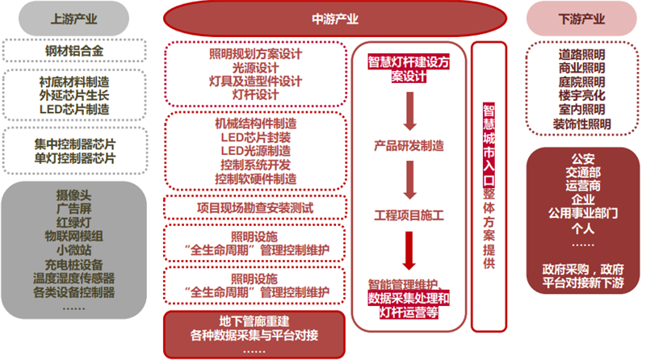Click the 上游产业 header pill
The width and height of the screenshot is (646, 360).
[73, 19]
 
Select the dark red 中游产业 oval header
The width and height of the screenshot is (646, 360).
[335, 19]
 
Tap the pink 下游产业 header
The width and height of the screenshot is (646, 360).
[581, 19]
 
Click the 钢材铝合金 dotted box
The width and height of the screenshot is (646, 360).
[74, 51]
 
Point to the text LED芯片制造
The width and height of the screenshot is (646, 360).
[74, 109]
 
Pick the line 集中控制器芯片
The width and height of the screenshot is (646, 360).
[74, 144]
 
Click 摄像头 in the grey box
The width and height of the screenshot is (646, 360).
[73, 195]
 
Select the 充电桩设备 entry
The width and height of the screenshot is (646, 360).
[73, 265]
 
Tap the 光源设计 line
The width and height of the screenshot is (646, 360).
[255, 68]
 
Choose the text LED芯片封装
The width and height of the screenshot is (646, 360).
[255, 136]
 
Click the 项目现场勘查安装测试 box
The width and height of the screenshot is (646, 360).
[255, 207]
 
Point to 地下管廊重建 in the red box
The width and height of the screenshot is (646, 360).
[254, 321]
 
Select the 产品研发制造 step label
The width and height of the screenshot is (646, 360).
[409, 145]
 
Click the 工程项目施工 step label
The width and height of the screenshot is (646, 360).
[409, 215]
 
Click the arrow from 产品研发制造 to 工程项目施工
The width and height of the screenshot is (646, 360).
[409, 180]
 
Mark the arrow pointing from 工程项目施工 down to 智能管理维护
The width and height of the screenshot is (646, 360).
[409, 251]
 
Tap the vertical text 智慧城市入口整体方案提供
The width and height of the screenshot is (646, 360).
[489, 186]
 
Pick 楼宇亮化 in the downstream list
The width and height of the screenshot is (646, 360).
[581, 95]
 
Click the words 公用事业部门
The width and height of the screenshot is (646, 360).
[582, 213]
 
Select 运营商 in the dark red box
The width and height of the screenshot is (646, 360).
[582, 186]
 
